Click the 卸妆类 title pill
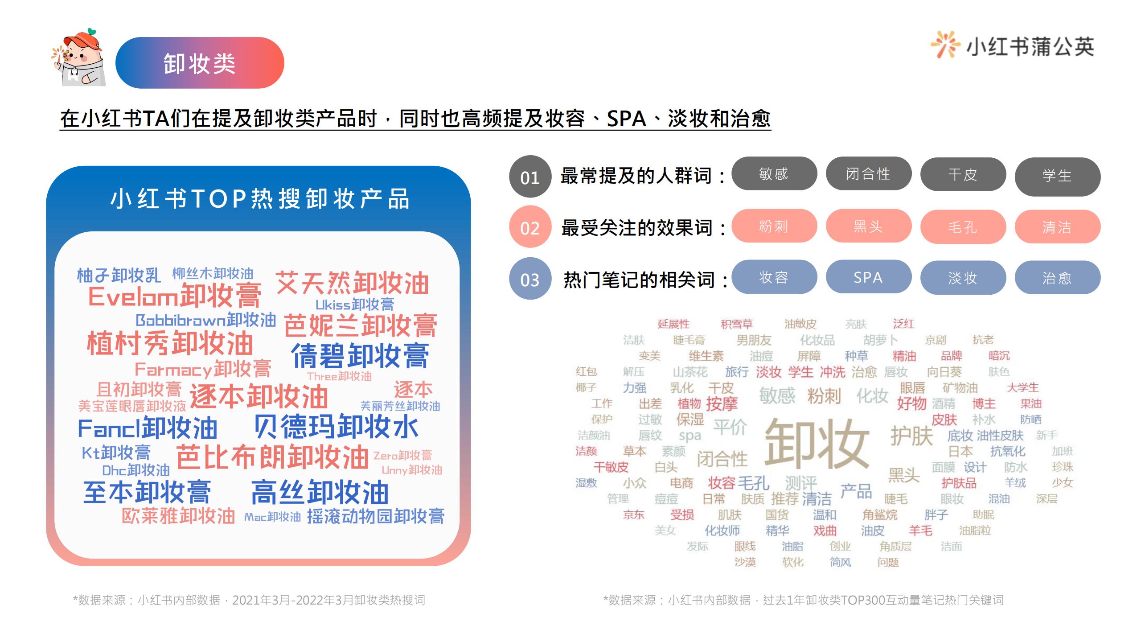pos(200,63)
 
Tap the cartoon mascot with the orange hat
pos(79,58)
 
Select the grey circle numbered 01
pos(530,177)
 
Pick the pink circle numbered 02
pos(530,227)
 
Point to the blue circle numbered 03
pos(530,279)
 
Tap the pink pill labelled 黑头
pos(868,226)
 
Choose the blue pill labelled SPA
pos(868,277)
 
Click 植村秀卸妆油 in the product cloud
pos(170,343)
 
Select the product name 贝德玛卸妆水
pos(337,426)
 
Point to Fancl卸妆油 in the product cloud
pos(148,428)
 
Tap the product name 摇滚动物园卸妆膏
pos(376,516)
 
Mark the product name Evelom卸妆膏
pos(175,296)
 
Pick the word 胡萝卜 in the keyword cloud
pos(881,340)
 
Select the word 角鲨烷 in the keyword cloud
pos(880,515)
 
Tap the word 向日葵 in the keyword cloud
pos(944,372)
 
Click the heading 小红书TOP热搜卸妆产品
pos(259,199)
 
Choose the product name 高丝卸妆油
pos(320,492)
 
